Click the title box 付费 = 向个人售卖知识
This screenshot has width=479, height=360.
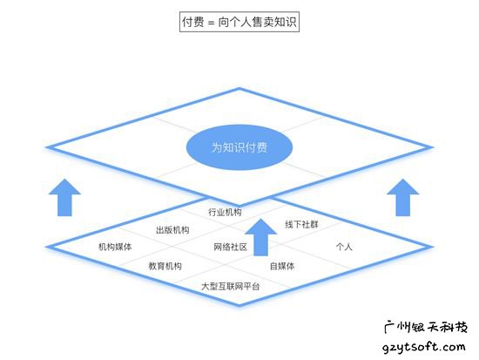pos(239,22)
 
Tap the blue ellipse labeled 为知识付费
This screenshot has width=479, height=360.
pos(239,147)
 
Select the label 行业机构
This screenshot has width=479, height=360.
pos(225,212)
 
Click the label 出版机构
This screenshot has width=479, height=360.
pos(172,230)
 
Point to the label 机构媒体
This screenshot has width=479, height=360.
pos(115,247)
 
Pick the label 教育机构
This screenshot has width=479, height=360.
pos(165,266)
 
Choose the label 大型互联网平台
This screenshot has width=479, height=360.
pos(230,286)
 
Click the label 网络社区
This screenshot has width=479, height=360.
pos(230,247)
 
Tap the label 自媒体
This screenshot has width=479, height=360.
pos(282,266)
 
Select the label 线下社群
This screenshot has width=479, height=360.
pos(301,225)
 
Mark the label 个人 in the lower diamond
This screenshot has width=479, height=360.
pos(344,247)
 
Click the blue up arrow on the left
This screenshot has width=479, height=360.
pos(64,198)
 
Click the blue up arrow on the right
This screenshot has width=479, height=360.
pos(403,198)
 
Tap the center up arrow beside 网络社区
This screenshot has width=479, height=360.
pos(261,237)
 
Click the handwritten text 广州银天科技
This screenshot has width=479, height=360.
pos(426,327)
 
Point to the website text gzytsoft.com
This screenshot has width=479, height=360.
pos(424,347)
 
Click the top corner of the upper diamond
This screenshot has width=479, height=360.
pos(239,89)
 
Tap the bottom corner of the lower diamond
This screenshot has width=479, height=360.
pos(239,305)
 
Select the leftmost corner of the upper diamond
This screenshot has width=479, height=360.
pos(46,147)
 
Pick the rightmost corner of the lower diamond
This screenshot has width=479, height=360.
pos(432,246)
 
